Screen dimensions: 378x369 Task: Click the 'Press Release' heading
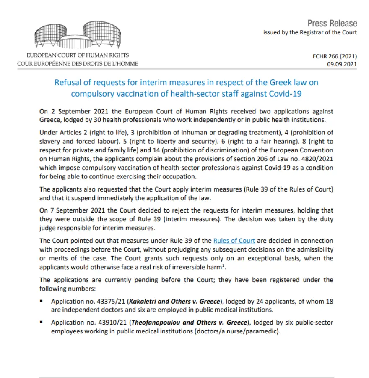tap(332, 23)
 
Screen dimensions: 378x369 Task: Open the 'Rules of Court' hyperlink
tap(234, 241)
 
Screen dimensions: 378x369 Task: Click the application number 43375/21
tap(111, 302)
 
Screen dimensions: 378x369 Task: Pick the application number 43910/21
tap(111, 323)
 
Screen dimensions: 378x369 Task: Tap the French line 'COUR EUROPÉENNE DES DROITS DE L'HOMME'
tap(78, 64)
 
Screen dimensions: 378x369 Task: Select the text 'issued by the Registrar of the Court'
tap(310, 32)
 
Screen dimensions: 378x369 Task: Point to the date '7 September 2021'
tap(72, 210)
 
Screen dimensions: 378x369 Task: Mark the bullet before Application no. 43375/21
tap(42, 302)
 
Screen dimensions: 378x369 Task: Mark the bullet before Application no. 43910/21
tap(42, 323)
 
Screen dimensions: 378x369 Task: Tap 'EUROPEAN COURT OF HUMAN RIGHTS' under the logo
tap(78, 55)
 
